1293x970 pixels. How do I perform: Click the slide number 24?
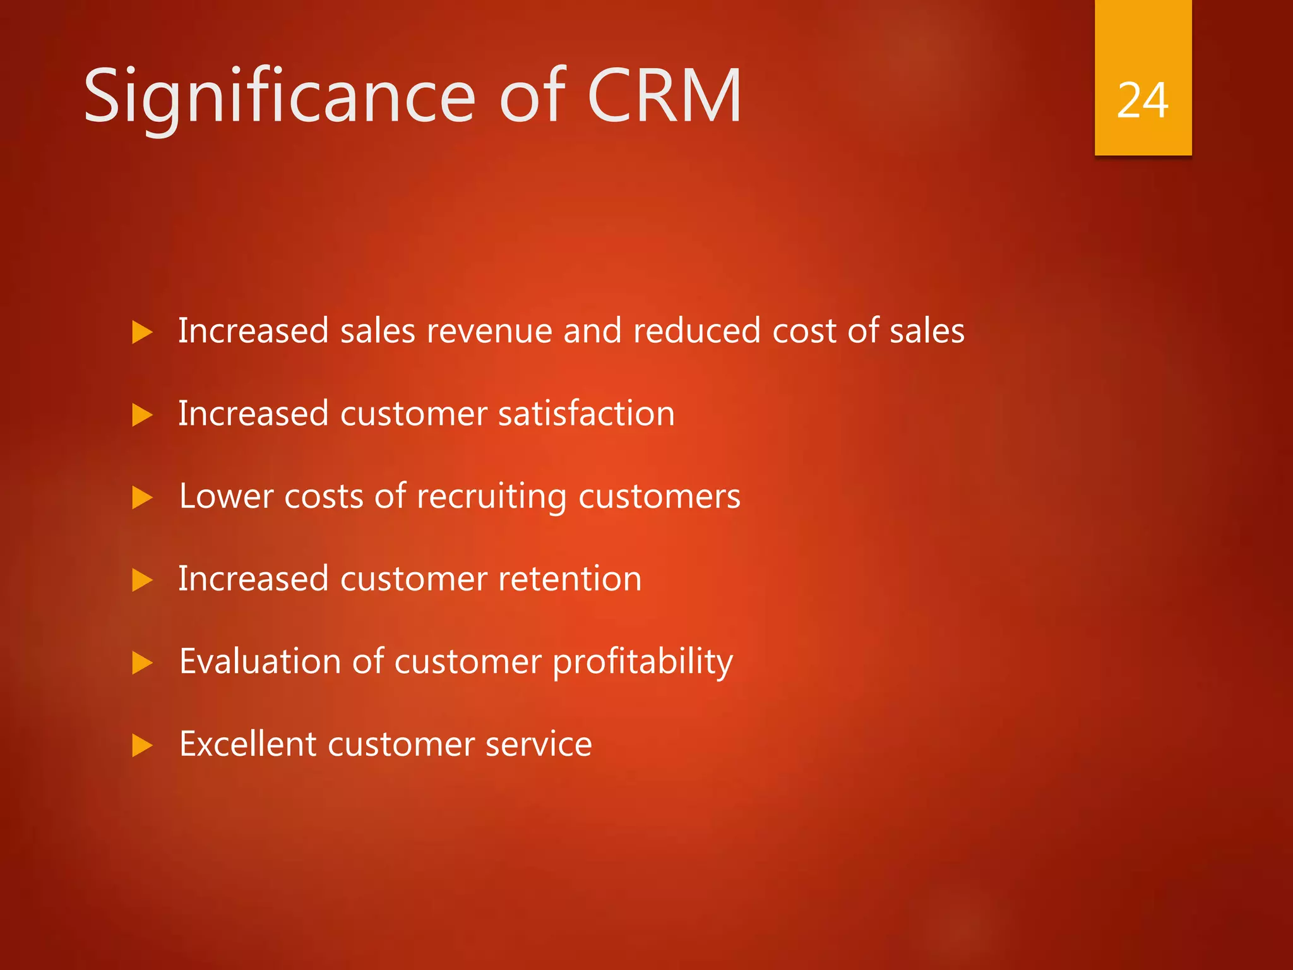[1142, 101]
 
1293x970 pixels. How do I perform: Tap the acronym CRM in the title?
[664, 96]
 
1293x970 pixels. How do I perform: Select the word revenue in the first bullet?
[489, 332]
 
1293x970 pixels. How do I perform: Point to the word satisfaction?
[586, 414]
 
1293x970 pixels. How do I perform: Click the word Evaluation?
[259, 661]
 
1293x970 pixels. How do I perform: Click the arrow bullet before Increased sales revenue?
[142, 332]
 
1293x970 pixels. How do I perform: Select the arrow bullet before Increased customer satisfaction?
[142, 415]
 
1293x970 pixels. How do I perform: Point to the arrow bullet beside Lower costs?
[142, 498]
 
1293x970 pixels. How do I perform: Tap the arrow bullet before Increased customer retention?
[142, 580]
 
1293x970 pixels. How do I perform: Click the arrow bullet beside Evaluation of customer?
[142, 662]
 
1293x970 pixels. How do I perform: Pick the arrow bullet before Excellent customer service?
[142, 745]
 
